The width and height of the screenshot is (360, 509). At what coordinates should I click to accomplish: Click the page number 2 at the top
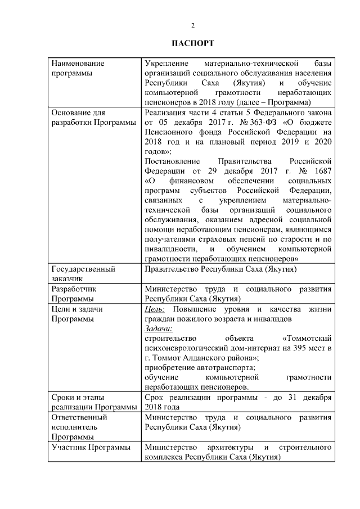click(193, 26)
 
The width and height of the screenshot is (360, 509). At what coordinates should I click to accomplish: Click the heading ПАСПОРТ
click(193, 43)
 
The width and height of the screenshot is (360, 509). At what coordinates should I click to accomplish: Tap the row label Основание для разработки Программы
click(93, 117)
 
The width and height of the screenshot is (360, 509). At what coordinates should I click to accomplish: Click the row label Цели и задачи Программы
click(77, 314)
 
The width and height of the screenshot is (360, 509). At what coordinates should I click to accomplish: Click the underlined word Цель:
click(155, 309)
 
